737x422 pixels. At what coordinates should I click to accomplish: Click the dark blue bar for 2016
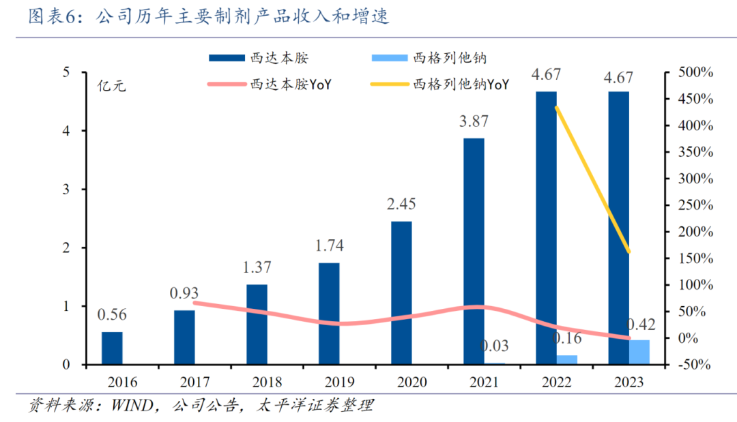[x=112, y=348]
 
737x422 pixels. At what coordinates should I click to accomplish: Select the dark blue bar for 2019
[x=329, y=314]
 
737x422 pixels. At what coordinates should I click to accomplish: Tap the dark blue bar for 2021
[x=474, y=251]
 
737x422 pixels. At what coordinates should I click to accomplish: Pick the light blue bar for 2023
[x=639, y=352]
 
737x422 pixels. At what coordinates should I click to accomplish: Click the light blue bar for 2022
[x=566, y=360]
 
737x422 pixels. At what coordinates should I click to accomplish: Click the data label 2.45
[x=401, y=205]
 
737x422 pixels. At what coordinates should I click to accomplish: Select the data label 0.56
[x=112, y=315]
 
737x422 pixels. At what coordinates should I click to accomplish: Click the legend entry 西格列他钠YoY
[x=461, y=85]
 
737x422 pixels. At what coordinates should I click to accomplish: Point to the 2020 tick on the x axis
[x=401, y=383]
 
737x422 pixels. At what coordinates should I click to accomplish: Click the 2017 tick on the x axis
[x=184, y=383]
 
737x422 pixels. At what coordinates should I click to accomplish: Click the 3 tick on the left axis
[x=66, y=189]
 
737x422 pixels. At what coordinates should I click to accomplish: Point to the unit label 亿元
[x=111, y=87]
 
